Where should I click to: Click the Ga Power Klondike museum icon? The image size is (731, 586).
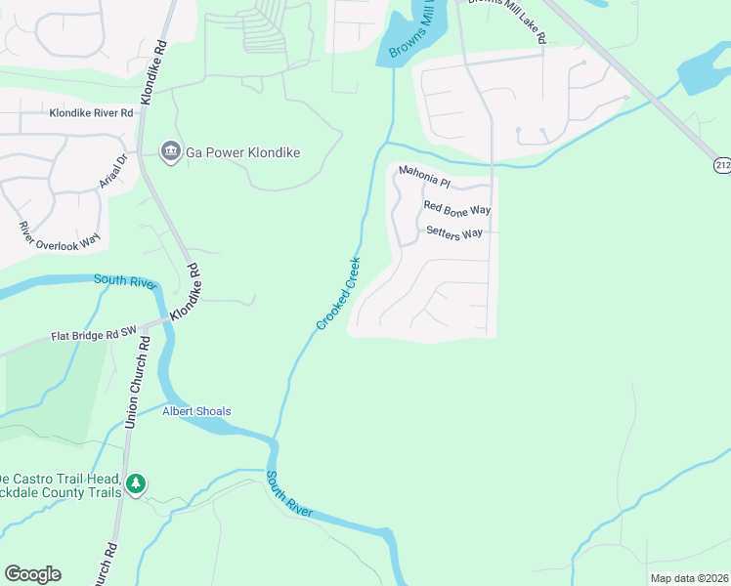coord(170,152)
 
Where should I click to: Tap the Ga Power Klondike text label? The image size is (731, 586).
coord(242,153)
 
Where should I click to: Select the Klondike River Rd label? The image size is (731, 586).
coord(92,113)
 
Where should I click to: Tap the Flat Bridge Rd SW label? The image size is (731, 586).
coord(93,336)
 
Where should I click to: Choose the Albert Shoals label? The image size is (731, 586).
coord(196,411)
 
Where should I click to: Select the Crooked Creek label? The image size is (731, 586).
coord(338,293)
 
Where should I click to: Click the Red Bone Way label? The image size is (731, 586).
coord(456,209)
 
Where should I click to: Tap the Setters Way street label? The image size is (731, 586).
coord(454,232)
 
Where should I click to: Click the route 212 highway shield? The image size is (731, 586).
coord(721,166)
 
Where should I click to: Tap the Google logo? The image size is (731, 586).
coord(32,574)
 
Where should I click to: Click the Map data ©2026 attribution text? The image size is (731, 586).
coord(690,578)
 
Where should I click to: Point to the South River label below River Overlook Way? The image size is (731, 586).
coord(124,281)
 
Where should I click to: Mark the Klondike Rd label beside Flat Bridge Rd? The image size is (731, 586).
coord(186,293)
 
